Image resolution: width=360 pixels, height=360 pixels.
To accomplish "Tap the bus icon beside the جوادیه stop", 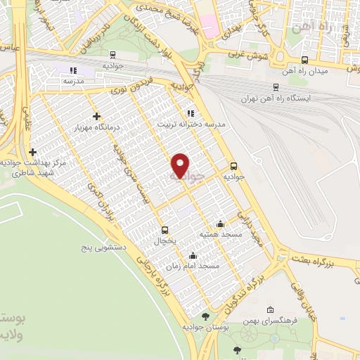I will [234, 167].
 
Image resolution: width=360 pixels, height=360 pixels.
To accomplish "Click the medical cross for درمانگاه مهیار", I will [96, 116].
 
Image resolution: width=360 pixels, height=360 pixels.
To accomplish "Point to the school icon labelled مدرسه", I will [73, 70].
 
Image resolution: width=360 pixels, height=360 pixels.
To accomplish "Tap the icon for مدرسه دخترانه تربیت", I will [190, 112].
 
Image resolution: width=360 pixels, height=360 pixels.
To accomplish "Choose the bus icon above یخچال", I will [165, 229].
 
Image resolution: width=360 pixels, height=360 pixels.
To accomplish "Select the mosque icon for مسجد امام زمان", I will [193, 256].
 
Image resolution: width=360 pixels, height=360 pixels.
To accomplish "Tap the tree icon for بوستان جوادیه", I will [205, 317].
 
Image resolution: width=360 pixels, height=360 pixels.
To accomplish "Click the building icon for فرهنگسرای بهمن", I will [270, 309].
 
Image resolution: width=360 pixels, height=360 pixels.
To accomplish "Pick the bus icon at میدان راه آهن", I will [304, 60].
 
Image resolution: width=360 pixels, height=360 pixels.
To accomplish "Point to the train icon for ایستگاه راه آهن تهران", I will [275, 86].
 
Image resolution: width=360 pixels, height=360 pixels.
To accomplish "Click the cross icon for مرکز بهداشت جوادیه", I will [33, 151].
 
